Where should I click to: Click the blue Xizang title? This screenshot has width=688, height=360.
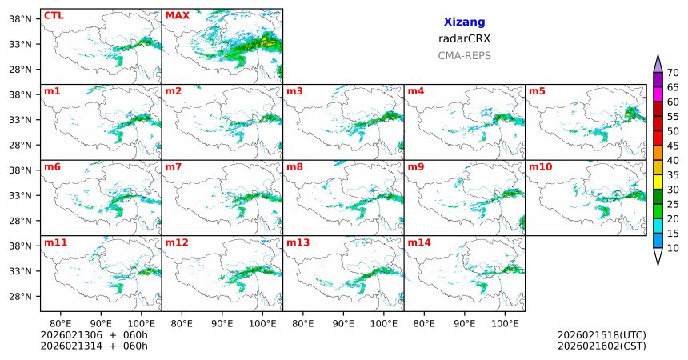point(464,22)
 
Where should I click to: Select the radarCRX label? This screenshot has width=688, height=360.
point(464,38)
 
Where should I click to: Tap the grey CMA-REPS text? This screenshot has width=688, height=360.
point(464,56)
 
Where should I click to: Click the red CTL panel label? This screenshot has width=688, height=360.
point(53,15)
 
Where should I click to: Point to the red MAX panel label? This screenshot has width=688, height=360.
point(177,15)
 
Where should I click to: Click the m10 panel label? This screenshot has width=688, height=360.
point(540,166)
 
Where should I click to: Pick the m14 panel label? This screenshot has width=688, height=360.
point(419,242)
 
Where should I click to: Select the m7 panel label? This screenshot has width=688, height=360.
point(174,166)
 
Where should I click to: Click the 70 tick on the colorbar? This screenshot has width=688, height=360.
point(673,73)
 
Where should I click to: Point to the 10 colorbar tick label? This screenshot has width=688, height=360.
point(673,249)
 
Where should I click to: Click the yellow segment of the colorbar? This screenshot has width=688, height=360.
point(658,182)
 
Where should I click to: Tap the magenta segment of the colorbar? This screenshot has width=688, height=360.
point(658,94)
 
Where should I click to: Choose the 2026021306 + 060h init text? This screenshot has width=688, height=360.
point(94,335)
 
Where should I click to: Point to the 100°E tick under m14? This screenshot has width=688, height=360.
point(505,324)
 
